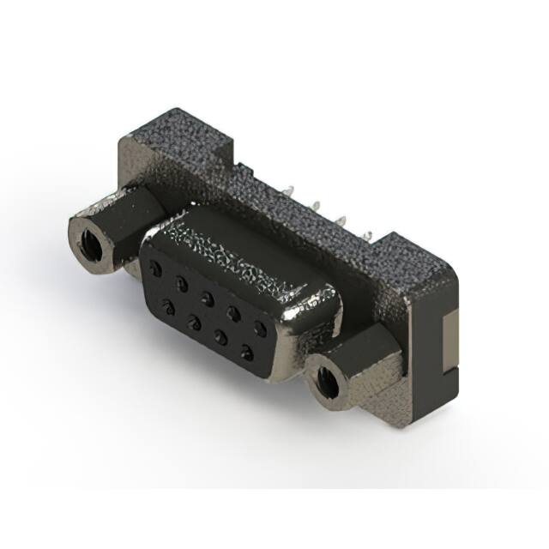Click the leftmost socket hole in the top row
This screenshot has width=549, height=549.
[155, 268]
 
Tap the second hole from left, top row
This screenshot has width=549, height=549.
[181, 283]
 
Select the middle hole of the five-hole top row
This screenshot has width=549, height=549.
[207, 298]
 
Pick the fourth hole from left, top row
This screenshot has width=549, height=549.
[233, 312]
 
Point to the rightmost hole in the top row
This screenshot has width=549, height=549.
[260, 328]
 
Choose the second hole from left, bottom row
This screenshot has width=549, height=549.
[195, 322]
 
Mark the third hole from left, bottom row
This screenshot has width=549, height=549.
[220, 336]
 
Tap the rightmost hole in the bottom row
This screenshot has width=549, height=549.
[247, 352]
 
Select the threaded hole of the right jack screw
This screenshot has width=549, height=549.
[327, 382]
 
